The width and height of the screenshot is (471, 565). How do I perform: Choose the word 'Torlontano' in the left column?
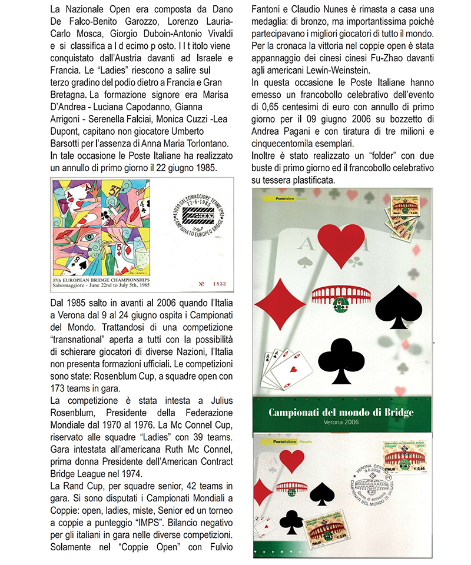pos(207,143)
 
